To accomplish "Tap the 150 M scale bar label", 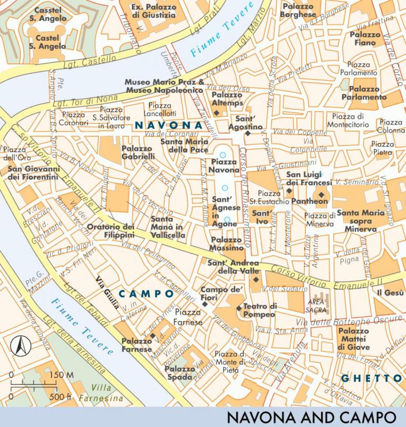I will pyautogui.click(x=61, y=375).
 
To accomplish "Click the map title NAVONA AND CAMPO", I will pyautogui.click(x=311, y=418).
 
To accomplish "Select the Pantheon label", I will pyautogui.click(x=310, y=201).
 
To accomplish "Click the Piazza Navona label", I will pyautogui.click(x=224, y=166).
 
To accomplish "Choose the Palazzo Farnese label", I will pyautogui.click(x=137, y=345).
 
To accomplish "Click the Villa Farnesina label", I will pyautogui.click(x=101, y=393).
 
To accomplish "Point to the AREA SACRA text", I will pyautogui.click(x=317, y=306).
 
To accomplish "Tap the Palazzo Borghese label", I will pyautogui.click(x=298, y=11).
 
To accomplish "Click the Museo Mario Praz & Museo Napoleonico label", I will pyautogui.click(x=164, y=86).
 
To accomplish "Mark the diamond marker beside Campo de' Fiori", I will pyautogui.click(x=205, y=304).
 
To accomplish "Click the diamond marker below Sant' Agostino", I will pyautogui.click(x=248, y=134).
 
